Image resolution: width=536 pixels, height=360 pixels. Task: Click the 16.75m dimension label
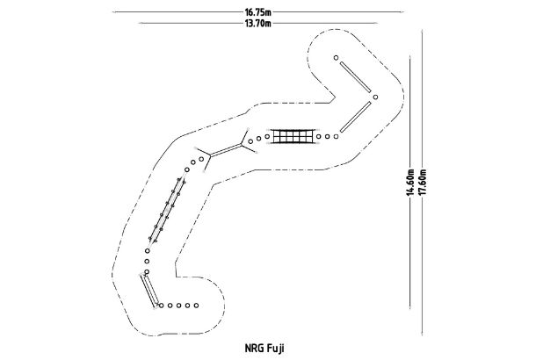[257, 12]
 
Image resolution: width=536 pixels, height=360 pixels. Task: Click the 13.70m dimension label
[257, 24]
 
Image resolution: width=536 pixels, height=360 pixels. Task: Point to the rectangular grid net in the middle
[292, 136]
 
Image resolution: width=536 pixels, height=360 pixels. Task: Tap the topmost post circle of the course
[337, 58]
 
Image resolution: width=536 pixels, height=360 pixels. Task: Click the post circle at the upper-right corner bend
[374, 96]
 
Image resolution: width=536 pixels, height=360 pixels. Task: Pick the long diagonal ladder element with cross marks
[167, 211]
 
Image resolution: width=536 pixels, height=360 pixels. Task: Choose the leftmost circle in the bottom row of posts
[161, 306]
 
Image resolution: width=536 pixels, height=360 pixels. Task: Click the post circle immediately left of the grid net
[266, 136]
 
